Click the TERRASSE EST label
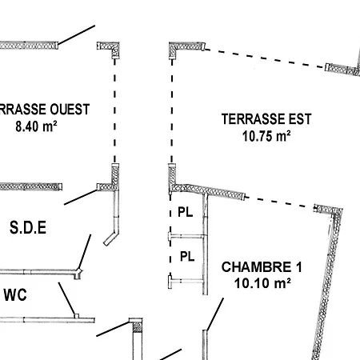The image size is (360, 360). [x=266, y=119]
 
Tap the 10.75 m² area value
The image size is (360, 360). [x=266, y=136]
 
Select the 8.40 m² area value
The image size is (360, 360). [x=36, y=126]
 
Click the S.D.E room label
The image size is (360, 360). [x=28, y=227]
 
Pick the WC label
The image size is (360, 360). [x=15, y=295]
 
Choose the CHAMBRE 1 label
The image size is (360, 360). [x=262, y=267]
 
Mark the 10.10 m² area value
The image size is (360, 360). [x=262, y=283]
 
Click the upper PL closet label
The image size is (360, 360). [x=186, y=212]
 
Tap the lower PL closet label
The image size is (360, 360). [x=187, y=257]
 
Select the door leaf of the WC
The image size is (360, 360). [x=67, y=299]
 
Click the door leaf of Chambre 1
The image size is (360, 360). [x=214, y=314]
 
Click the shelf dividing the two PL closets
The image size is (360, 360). [x=187, y=236]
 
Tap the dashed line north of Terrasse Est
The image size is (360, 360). [x=265, y=58]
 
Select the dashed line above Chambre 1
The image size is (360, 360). [x=280, y=202]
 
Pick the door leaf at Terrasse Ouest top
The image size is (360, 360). [x=77, y=35]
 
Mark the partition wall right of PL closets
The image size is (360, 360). [x=205, y=244]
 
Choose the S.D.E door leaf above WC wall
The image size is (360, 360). [x=85, y=252]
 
